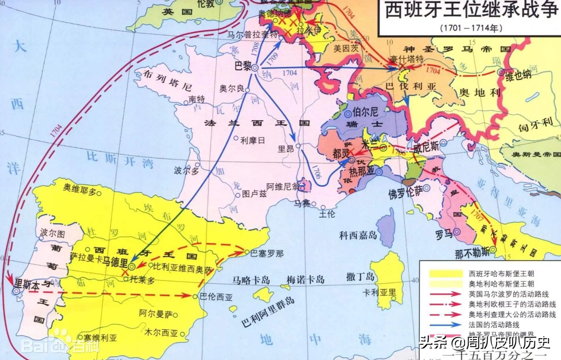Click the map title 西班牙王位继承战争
471,10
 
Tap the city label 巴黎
243,66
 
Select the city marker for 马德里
131,266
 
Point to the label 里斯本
27,284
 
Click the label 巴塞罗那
267,254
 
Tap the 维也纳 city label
518,76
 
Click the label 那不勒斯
472,253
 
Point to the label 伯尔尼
365,112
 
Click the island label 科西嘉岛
358,235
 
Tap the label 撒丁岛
360,276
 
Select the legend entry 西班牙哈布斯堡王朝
501,274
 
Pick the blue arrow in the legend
445,325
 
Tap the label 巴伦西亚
216,297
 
